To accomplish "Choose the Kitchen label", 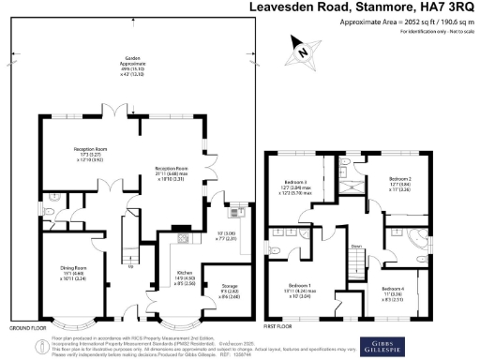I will coord(184,275).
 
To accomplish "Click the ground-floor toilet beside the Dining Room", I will coord(45,213).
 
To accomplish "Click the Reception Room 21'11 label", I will coord(172,173).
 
